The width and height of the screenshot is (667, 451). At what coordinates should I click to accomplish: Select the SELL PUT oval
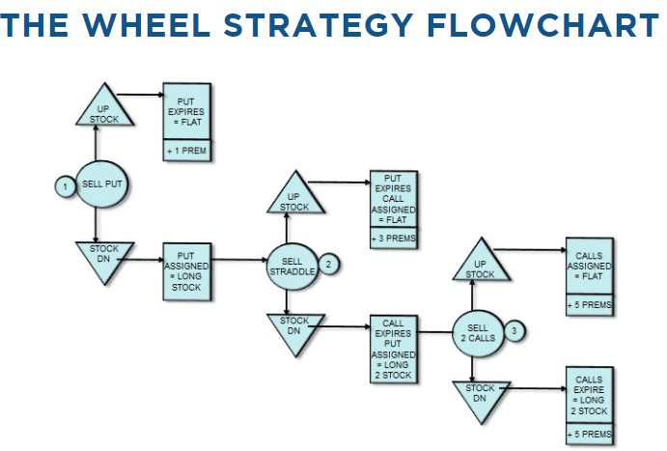coord(100,183)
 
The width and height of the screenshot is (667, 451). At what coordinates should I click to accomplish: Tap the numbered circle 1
coord(64,184)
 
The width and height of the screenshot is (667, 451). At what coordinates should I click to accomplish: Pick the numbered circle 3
coord(514,331)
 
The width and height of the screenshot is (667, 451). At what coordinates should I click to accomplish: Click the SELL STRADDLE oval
coord(292,265)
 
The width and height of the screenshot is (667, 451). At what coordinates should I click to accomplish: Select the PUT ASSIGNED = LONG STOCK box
coord(187,268)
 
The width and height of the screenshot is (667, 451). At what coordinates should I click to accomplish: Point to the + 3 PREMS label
coord(393,238)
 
